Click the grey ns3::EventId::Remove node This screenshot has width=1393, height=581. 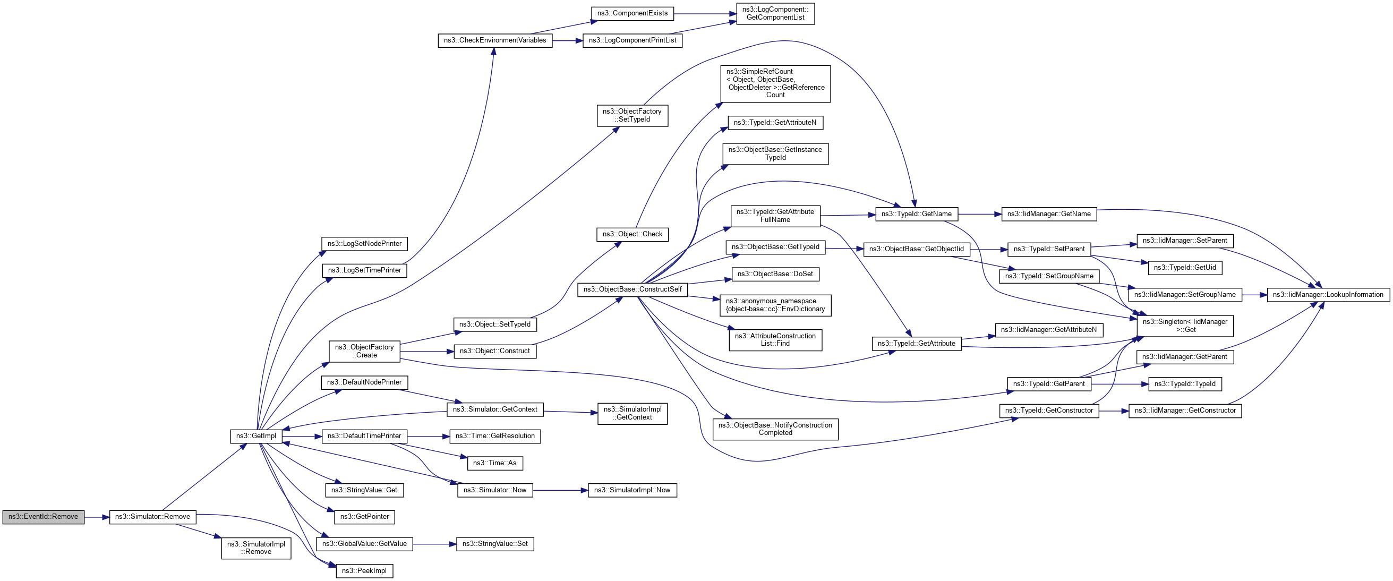pyautogui.click(x=43, y=517)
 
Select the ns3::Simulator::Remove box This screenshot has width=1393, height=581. pyautogui.click(x=152, y=517)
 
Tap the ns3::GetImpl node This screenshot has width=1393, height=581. pyautogui.click(x=256, y=436)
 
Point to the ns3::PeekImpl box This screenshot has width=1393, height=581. pyautogui.click(x=364, y=571)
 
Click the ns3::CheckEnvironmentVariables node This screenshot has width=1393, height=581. pyautogui.click(x=495, y=40)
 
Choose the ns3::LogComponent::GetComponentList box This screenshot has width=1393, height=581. pyautogui.click(x=775, y=13)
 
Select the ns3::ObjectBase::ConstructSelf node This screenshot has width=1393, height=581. pyautogui.click(x=632, y=289)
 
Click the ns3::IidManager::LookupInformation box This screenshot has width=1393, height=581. pyautogui.click(x=1328, y=295)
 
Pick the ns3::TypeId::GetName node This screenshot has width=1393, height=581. pyautogui.click(x=916, y=214)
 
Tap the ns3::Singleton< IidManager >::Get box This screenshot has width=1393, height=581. pyautogui.click(x=1185, y=326)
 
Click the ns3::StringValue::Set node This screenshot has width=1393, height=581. pyautogui.click(x=495, y=544)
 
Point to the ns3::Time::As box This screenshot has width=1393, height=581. pyautogui.click(x=495, y=463)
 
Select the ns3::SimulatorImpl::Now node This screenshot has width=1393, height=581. pyautogui.click(x=631, y=490)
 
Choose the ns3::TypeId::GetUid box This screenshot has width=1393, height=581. pyautogui.click(x=1184, y=268)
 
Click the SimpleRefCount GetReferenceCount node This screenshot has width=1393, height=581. pyautogui.click(x=775, y=83)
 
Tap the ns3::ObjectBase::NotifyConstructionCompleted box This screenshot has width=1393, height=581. pyautogui.click(x=775, y=429)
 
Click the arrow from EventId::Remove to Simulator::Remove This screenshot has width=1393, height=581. pyautogui.click(x=97, y=517)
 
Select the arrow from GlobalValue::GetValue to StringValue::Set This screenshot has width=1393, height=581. pyautogui.click(x=435, y=544)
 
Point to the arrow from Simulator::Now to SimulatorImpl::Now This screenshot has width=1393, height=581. pyautogui.click(x=560, y=490)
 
